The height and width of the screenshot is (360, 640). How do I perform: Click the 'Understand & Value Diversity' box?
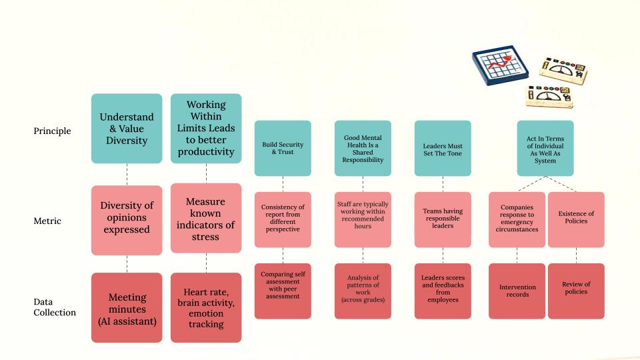(127, 129)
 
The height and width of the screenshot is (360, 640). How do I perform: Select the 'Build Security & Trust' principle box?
(283, 148)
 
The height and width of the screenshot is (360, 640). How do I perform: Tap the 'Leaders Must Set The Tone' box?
(443, 148)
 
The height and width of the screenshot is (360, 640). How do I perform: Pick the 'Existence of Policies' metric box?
(576, 219)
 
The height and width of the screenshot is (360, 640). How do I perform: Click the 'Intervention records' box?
(517, 291)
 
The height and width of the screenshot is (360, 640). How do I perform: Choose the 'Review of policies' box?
(576, 291)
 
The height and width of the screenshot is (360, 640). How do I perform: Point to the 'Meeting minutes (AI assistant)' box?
(127, 308)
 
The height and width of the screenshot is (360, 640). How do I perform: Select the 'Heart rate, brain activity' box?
(206, 308)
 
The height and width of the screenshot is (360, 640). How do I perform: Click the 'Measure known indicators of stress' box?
(206, 218)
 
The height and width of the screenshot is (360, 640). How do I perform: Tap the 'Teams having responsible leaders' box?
(443, 219)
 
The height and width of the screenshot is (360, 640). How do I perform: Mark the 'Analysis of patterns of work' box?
(363, 291)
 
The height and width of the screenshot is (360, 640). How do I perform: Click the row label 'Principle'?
(52, 131)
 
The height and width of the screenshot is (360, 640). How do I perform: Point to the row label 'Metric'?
(47, 221)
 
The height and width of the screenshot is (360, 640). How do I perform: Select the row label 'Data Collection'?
(55, 307)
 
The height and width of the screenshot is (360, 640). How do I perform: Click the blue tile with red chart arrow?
(501, 65)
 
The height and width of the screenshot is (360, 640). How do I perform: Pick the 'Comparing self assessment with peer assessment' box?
(283, 291)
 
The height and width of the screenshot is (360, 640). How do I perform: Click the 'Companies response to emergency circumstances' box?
(517, 219)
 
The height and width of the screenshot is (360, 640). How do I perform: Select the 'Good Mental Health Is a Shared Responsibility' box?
(363, 148)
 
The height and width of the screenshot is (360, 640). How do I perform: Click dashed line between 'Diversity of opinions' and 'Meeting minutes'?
(127, 264)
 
